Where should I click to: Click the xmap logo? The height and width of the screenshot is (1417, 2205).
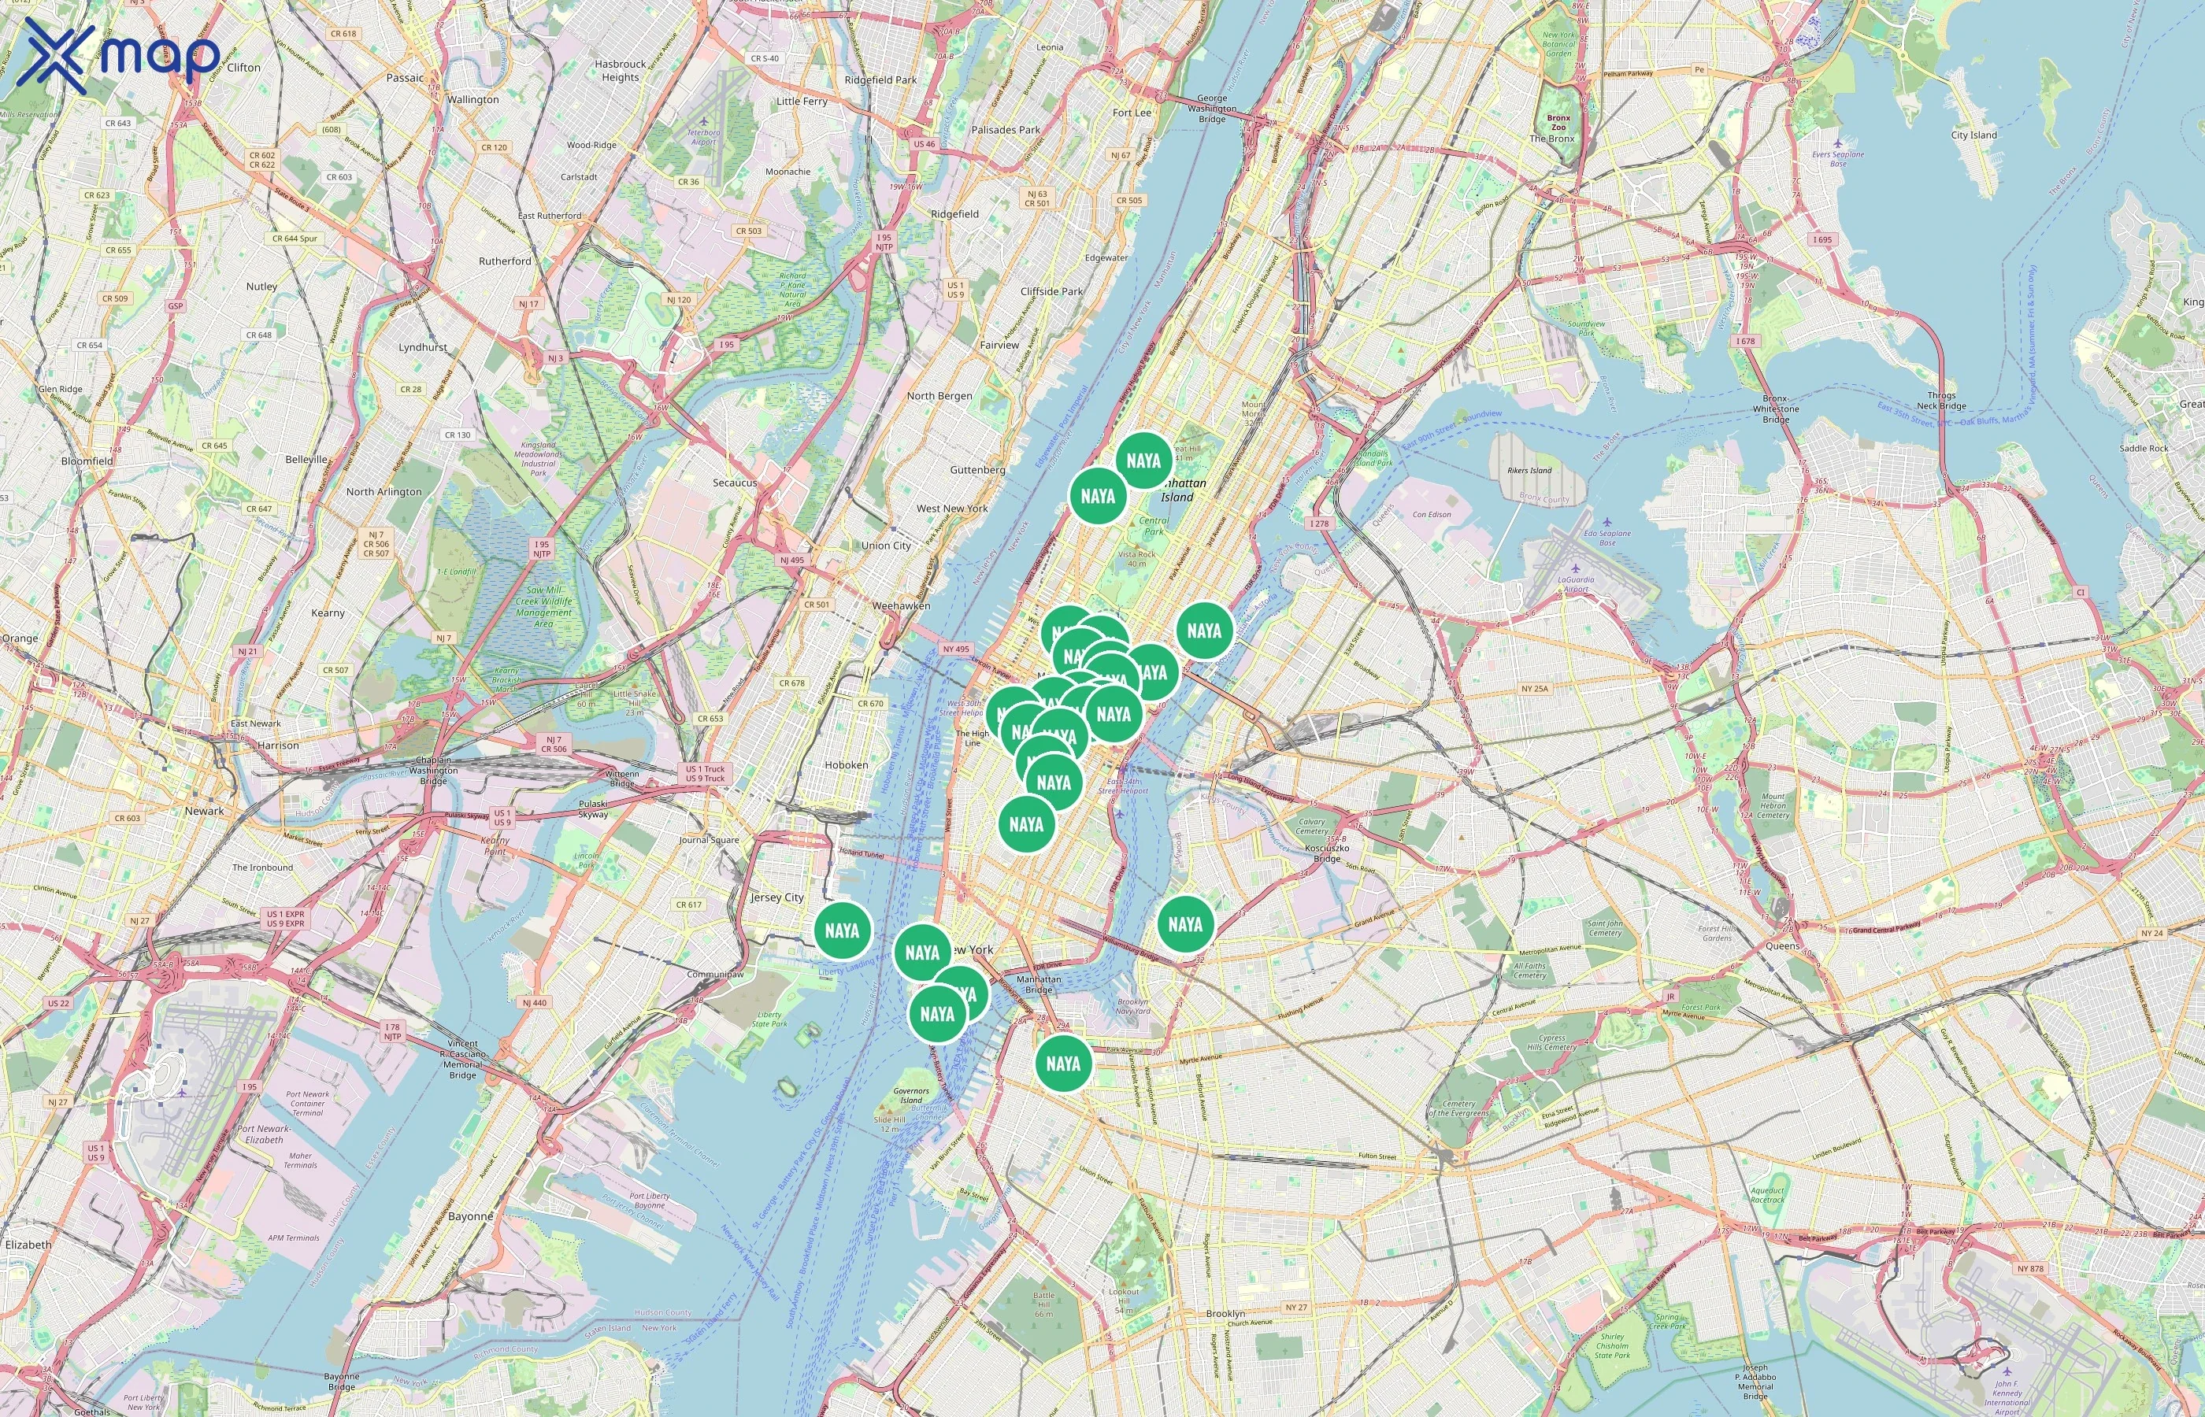118,56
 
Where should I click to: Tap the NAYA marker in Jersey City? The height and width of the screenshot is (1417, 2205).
842,930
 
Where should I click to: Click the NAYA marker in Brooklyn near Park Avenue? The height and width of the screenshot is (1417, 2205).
1063,1064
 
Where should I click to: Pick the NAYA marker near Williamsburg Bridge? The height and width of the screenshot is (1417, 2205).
1184,924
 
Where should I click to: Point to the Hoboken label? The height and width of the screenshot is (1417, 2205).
846,764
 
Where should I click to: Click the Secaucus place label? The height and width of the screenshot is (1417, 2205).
735,482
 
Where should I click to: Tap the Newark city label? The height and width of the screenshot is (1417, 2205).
204,811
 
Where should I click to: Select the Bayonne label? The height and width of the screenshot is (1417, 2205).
470,1215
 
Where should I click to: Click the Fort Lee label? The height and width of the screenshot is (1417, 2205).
1131,113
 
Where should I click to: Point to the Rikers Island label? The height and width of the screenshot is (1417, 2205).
1529,470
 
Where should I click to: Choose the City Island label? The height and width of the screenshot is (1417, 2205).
1974,135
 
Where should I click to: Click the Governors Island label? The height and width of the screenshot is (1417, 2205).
911,1095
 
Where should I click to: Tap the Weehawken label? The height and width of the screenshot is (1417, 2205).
901,605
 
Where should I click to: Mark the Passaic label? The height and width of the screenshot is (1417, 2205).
405,77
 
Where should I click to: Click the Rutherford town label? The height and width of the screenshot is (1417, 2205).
504,261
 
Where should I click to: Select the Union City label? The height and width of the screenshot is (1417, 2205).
885,545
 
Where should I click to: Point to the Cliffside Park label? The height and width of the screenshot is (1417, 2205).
1051,290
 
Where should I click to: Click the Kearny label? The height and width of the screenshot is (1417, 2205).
328,612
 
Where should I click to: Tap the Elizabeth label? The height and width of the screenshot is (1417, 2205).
28,1244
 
